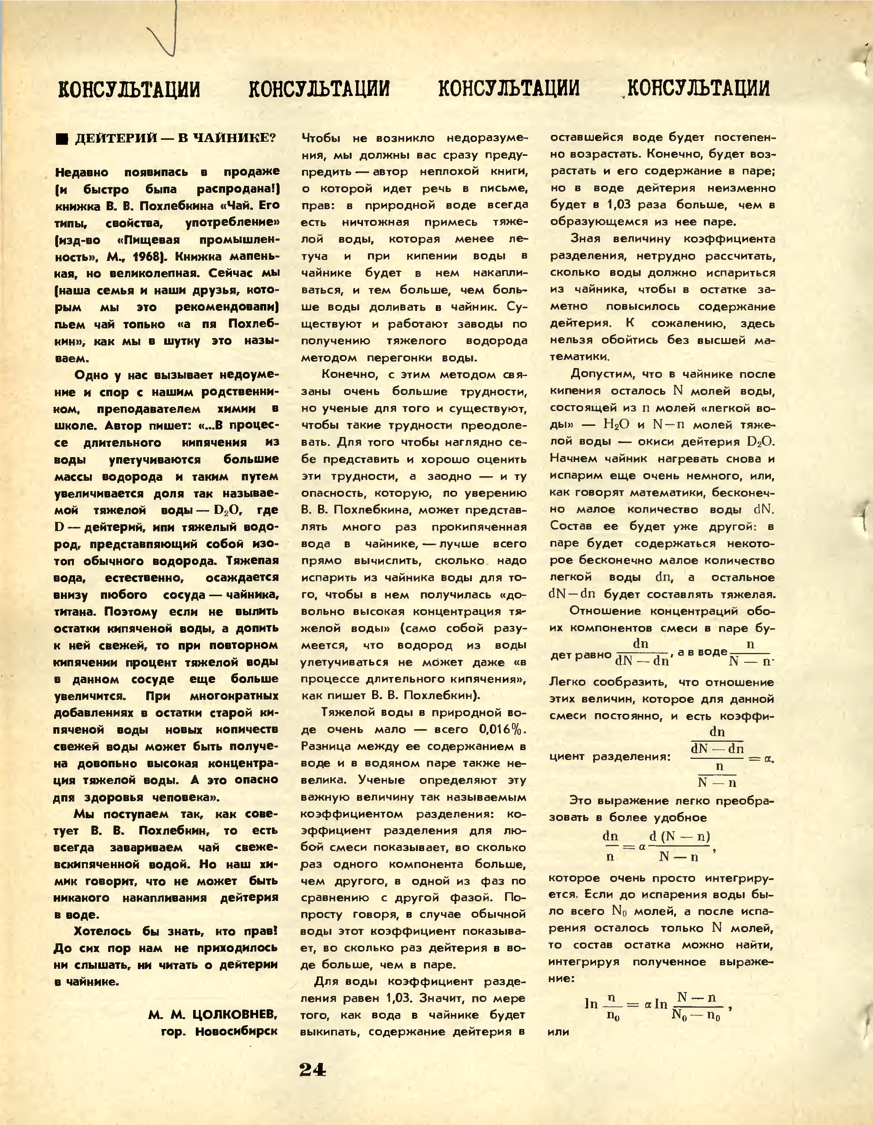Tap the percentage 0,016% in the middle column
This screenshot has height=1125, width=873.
pos(499,730)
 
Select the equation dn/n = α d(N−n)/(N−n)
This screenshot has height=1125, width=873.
pos(658,846)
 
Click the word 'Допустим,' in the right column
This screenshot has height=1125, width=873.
pos(599,374)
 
